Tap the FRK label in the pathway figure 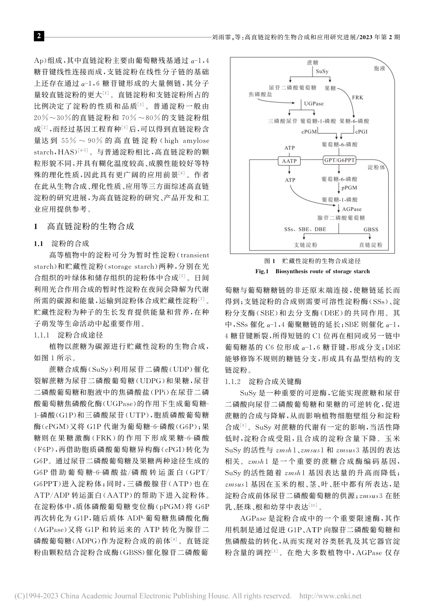358,98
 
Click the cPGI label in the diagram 361,131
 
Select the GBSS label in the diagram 370,229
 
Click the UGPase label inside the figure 314,104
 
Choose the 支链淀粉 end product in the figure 306,245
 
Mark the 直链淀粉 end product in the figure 370,245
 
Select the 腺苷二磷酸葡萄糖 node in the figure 341,218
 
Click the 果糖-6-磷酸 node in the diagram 355,122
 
